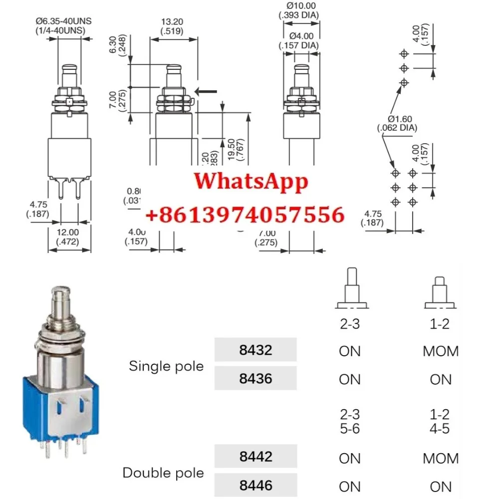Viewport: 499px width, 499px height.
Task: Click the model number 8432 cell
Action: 255,350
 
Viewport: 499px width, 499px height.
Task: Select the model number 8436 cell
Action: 255,378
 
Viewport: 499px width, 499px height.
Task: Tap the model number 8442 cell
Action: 255,457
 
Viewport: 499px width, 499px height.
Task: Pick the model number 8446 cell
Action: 255,485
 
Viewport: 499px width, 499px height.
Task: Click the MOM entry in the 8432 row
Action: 440,351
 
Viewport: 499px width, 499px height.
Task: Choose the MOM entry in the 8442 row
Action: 440,458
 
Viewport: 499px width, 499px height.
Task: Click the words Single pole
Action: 166,366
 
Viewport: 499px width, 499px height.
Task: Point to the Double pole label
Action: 163,473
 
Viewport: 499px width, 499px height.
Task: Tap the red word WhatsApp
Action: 251,181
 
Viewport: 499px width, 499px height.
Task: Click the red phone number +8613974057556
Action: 245,215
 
